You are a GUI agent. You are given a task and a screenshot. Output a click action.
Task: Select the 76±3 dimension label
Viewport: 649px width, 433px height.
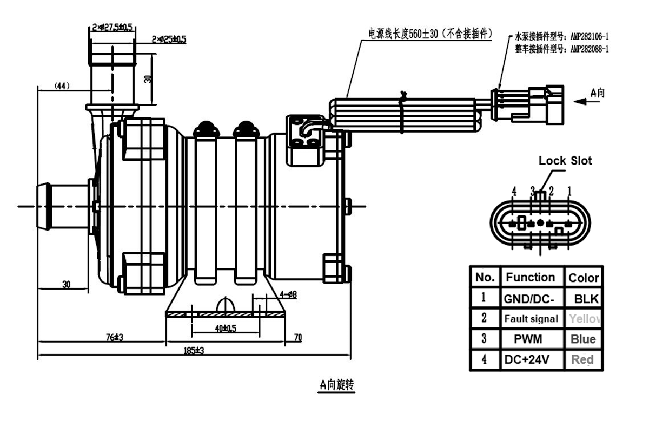115,337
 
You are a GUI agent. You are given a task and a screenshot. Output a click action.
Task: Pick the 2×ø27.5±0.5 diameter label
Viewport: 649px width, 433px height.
112,27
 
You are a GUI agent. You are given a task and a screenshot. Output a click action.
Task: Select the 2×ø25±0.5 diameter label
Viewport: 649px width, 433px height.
169,39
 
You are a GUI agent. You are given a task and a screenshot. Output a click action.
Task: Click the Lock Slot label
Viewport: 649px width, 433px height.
565,161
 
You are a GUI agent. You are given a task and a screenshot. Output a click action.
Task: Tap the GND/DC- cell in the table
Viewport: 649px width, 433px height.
531,298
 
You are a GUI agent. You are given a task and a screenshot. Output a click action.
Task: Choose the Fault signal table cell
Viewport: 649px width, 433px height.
531,319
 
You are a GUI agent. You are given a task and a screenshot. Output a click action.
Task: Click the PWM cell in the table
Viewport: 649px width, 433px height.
531,339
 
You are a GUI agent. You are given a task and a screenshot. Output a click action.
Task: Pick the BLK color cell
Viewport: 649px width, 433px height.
584,298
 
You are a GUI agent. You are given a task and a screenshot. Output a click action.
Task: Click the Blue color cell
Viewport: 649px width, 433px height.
583,339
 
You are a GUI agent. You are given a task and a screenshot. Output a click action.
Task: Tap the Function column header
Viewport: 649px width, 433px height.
530,278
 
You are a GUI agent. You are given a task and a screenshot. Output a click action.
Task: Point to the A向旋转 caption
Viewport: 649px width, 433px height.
336,385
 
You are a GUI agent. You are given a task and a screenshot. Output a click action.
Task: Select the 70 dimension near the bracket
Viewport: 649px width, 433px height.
297,338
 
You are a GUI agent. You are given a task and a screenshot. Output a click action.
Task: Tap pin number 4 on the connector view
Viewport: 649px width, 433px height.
514,191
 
